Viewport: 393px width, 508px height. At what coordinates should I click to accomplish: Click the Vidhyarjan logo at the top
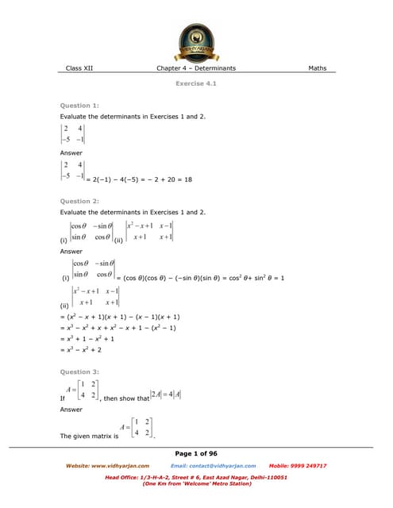pyautogui.click(x=196, y=39)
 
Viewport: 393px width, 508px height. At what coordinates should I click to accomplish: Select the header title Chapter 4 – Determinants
pyautogui.click(x=196, y=68)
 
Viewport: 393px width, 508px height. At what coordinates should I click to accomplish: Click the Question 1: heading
pyautogui.click(x=79, y=106)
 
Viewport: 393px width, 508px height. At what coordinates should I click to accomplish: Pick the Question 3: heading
pyautogui.click(x=79, y=371)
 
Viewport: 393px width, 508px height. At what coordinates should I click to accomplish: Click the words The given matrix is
pyautogui.click(x=81, y=437)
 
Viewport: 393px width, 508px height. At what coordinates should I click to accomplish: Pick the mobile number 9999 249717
pyautogui.click(x=306, y=465)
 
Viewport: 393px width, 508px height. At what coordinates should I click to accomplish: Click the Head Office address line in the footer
pyautogui.click(x=196, y=477)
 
